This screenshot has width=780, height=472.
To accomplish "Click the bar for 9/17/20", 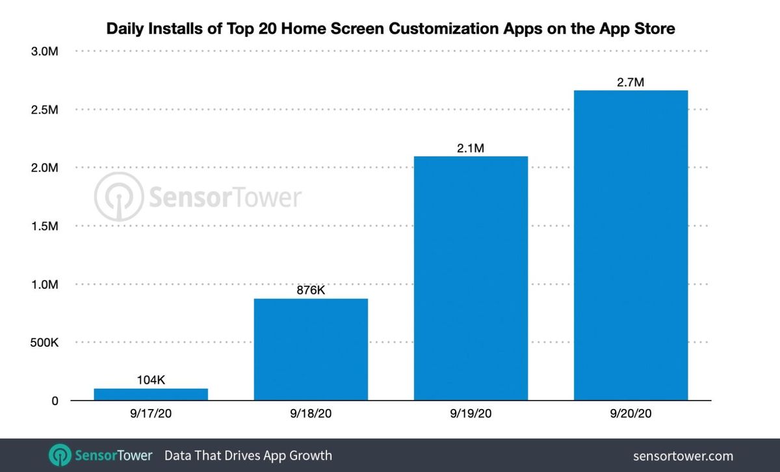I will (x=151, y=394).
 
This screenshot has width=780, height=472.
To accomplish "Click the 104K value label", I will (x=151, y=380).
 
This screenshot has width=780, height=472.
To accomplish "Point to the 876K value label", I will (x=311, y=290).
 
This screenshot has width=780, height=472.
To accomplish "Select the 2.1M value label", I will (x=471, y=149).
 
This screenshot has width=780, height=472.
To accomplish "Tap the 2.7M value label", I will (x=630, y=82).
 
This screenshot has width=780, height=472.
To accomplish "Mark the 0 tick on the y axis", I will (x=55, y=401).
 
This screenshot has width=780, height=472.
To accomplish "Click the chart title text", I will (x=390, y=29).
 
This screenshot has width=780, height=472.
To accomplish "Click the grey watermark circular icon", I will (x=118, y=197).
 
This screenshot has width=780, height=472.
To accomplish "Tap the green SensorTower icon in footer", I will (x=60, y=455).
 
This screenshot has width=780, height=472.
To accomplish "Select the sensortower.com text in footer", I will (x=682, y=456).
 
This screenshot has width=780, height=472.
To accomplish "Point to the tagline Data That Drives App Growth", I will (x=248, y=455).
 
